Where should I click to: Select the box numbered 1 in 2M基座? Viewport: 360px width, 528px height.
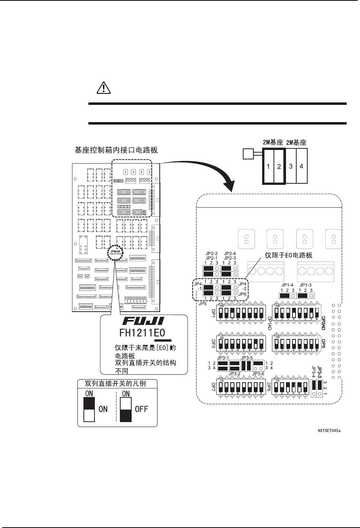(x=268, y=166)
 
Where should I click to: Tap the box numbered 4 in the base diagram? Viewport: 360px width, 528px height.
(x=302, y=166)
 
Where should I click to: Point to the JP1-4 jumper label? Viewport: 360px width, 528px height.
(x=287, y=285)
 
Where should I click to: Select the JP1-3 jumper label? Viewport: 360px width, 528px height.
(x=305, y=285)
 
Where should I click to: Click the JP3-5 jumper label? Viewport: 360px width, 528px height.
(x=247, y=358)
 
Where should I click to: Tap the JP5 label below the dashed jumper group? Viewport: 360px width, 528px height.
(x=202, y=304)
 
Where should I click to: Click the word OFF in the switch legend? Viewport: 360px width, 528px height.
(x=141, y=409)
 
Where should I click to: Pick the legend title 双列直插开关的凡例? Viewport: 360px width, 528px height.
(x=117, y=384)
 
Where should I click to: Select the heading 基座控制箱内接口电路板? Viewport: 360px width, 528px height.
(x=116, y=151)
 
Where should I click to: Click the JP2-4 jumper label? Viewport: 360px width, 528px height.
(x=230, y=254)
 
